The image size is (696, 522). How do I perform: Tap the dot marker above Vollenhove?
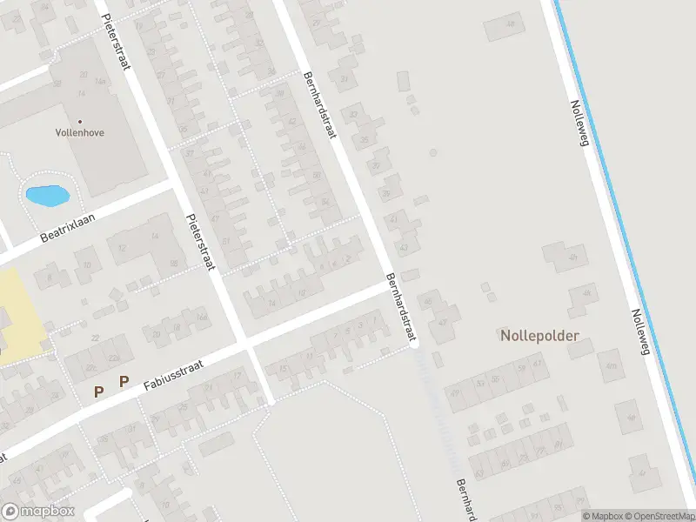(x=80, y=122)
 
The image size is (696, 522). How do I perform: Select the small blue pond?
(x=47, y=196)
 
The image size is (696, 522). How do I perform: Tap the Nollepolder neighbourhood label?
(x=539, y=335)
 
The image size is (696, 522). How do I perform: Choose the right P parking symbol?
(x=124, y=381)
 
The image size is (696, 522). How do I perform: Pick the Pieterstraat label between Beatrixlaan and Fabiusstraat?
(x=200, y=243)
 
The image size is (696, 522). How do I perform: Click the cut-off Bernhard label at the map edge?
(x=466, y=499)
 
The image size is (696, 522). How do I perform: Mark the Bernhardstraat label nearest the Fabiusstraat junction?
(x=401, y=307)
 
